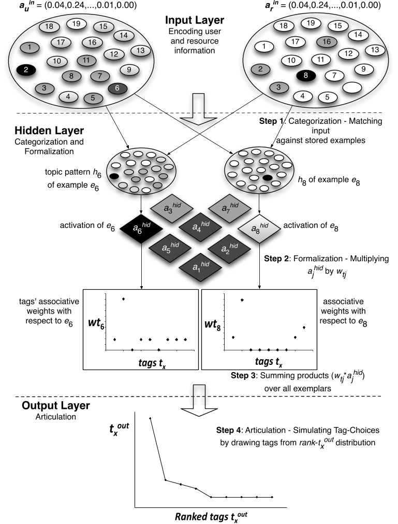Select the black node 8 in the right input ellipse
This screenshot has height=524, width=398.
[x=306, y=76]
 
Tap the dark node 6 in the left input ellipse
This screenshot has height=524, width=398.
[x=117, y=89]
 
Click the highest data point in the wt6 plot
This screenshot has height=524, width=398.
[x=123, y=299]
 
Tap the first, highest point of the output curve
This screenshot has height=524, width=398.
[x=150, y=418]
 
